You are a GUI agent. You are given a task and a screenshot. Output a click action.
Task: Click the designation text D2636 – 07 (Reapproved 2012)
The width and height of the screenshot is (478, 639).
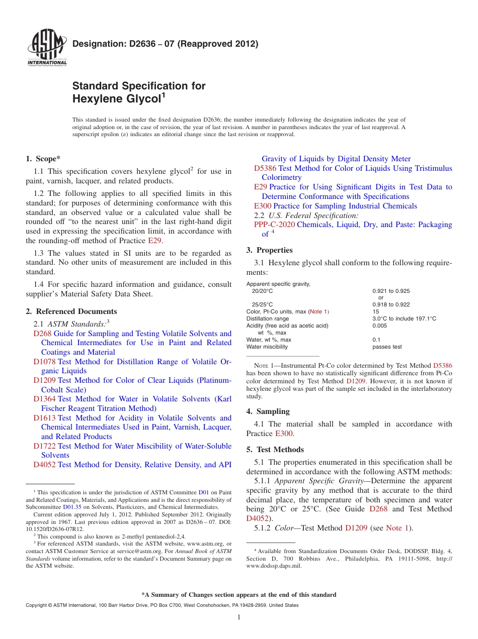coord(166,44)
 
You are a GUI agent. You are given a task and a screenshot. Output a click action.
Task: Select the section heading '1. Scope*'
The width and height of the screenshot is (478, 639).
coord(43,159)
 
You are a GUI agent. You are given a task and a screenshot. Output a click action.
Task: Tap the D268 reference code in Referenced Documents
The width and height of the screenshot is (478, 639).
coord(42,334)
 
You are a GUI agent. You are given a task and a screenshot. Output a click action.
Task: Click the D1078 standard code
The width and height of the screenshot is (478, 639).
coord(44,362)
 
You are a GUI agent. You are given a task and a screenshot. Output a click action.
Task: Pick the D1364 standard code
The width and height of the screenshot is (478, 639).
coord(44,399)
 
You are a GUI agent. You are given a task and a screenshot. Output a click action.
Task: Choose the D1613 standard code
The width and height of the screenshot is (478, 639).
coord(44,418)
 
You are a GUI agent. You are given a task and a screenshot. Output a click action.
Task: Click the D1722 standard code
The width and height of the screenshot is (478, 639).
coord(44,446)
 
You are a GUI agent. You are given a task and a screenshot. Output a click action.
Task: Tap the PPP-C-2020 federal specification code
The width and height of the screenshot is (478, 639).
coord(274,225)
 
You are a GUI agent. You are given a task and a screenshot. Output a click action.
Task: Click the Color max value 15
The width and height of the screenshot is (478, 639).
coord(375,311)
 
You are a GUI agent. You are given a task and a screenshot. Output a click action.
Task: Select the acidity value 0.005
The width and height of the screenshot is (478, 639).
coord(380,326)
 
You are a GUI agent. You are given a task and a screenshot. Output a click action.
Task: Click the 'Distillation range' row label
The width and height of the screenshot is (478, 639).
coord(268,318)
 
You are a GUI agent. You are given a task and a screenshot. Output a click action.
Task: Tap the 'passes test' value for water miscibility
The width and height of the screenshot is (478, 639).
coord(387,347)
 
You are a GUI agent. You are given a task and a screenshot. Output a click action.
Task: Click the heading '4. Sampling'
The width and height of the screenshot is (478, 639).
coord(268,411)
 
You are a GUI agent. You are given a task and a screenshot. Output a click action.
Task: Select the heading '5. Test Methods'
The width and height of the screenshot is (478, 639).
coord(275,450)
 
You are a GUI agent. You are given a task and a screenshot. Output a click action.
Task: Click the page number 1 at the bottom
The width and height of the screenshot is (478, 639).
coord(239,617)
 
